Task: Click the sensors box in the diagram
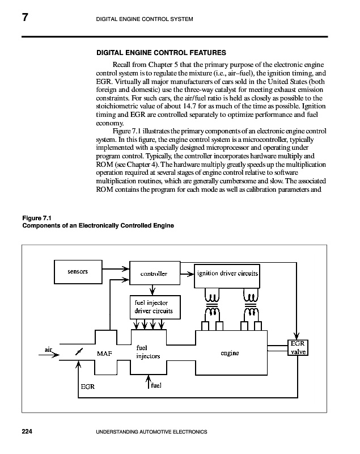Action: [78, 271]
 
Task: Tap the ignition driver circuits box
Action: [227, 274]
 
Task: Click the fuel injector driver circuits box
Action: [150, 308]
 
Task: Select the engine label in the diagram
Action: [230, 353]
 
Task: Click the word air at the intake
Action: [49, 349]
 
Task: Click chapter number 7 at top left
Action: [26, 19]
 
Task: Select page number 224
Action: [28, 432]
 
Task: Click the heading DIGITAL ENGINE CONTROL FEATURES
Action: [162, 53]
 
